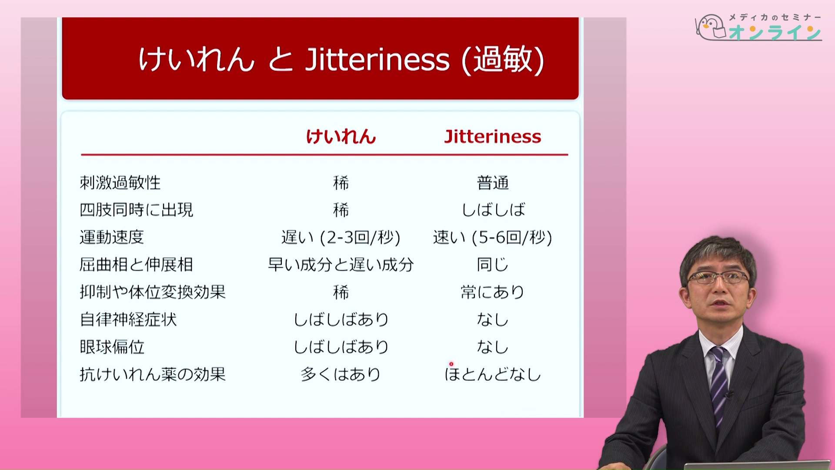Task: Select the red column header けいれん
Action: click(x=341, y=137)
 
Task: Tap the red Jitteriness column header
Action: click(x=493, y=137)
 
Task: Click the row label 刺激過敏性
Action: click(x=120, y=183)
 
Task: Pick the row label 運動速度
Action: click(x=112, y=237)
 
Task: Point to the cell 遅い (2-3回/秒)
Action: click(x=341, y=238)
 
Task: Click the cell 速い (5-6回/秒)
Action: click(x=493, y=238)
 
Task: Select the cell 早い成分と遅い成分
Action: click(x=341, y=265)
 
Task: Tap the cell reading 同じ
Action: click(x=493, y=265)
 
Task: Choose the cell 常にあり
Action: click(x=493, y=292)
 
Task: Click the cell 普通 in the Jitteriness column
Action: click(x=493, y=183)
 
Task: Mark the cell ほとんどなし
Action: click(x=493, y=374)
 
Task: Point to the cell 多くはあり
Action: click(x=341, y=374)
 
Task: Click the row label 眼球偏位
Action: click(x=112, y=347)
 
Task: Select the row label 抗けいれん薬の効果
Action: click(x=153, y=374)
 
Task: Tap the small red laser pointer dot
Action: click(x=451, y=364)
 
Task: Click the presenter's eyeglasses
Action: click(x=718, y=277)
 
